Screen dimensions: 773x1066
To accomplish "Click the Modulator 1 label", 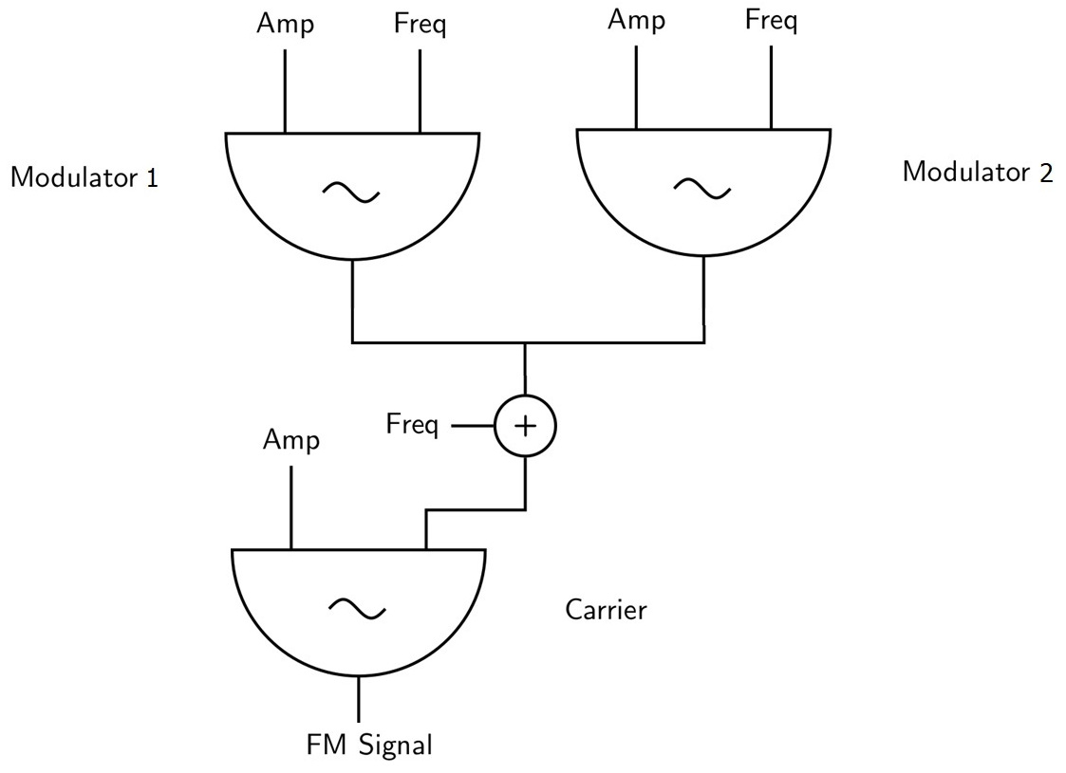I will (x=84, y=177).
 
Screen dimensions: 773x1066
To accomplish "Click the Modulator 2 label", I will (x=977, y=173).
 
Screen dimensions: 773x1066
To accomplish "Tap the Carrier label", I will (x=606, y=609).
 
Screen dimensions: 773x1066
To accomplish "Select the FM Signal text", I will (x=369, y=745).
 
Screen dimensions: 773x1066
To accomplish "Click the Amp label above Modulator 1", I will (x=285, y=26).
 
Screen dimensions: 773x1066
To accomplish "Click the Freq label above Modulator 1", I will (x=420, y=26).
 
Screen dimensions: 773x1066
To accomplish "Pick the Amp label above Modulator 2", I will (x=636, y=21).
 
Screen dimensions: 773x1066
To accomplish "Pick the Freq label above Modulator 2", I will (x=771, y=21).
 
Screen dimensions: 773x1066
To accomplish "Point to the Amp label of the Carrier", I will (x=291, y=440).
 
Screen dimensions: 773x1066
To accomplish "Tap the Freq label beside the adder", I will (x=412, y=426).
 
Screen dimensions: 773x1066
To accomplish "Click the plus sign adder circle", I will (x=524, y=426).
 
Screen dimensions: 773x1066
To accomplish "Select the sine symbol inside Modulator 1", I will (x=351, y=193).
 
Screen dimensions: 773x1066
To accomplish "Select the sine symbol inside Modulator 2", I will (x=702, y=189).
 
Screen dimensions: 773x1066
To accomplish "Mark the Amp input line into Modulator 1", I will (x=285, y=90).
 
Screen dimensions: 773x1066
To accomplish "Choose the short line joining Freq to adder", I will (x=472, y=426).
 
